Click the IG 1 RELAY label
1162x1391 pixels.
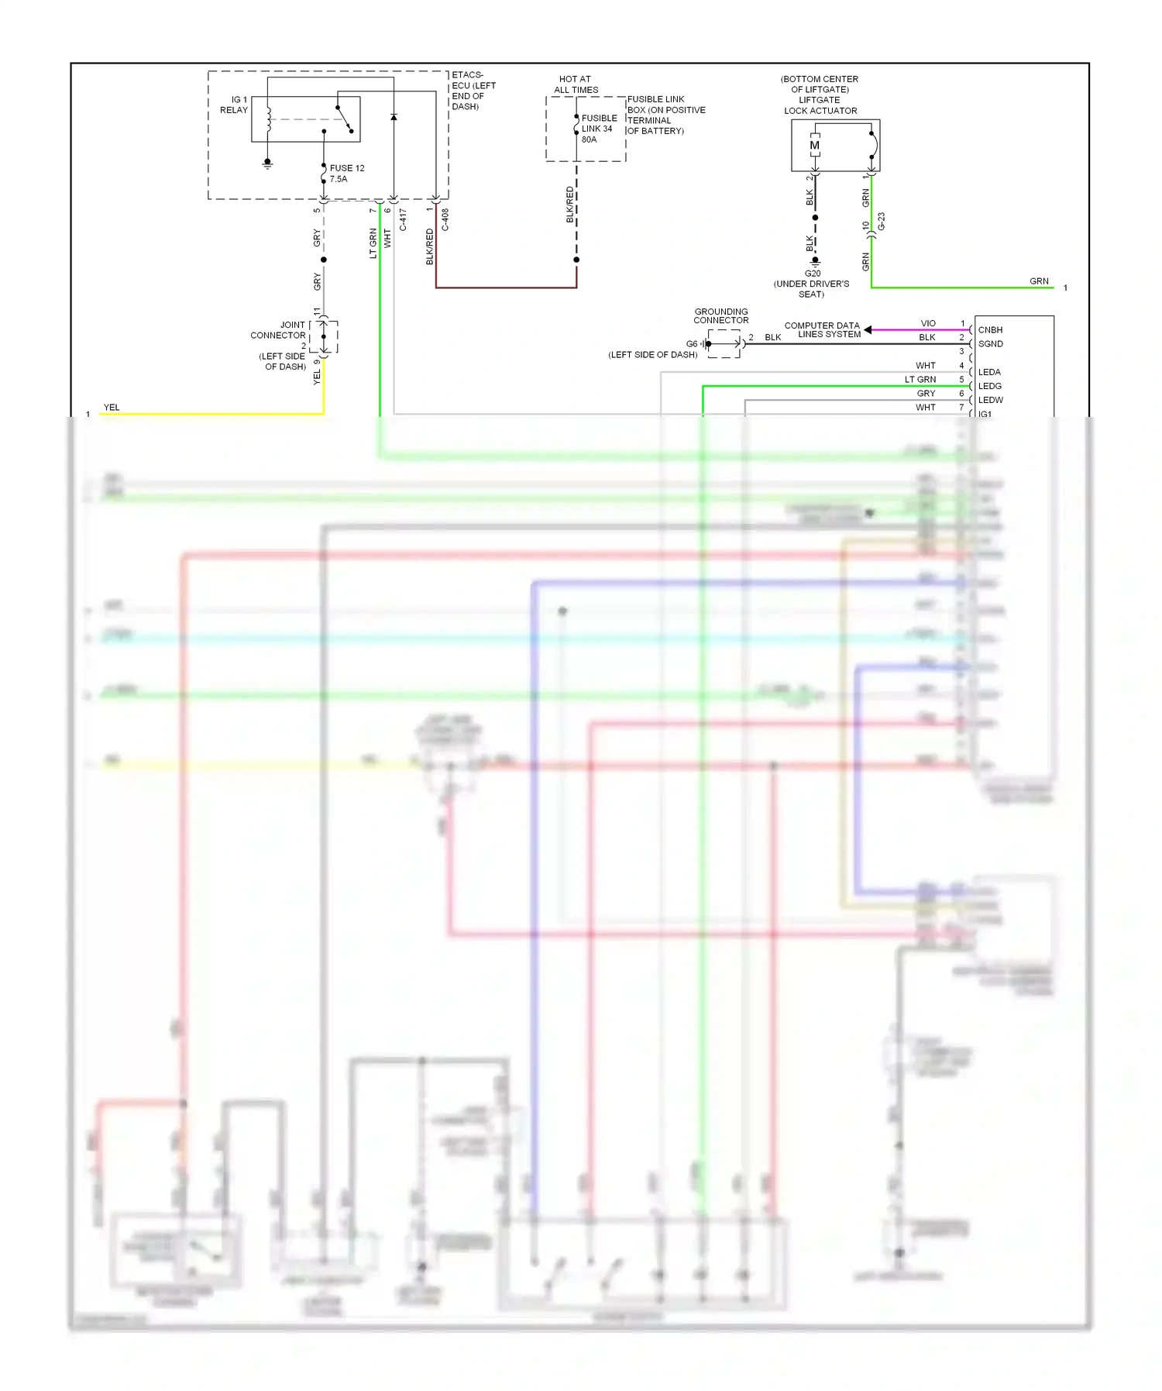pos(234,105)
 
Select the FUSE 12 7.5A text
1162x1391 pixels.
pos(346,173)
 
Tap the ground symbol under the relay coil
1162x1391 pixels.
pos(267,164)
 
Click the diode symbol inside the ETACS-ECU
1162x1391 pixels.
pos(394,117)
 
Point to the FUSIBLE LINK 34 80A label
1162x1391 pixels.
pos(599,129)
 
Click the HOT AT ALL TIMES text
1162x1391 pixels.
pos(576,84)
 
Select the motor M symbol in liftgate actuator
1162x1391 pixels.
pos(814,146)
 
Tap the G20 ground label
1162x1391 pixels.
pos(812,274)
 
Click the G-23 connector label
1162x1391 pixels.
pos(882,222)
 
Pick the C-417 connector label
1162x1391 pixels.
pos(403,219)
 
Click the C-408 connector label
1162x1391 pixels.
pos(445,219)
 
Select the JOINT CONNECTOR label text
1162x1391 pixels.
pos(278,330)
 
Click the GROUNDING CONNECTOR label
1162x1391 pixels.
pos(720,315)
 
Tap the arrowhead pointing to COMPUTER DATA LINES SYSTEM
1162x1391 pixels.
pos(868,330)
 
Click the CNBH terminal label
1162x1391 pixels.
pos(990,329)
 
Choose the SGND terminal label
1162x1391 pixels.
pos(990,343)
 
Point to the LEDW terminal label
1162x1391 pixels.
pos(990,400)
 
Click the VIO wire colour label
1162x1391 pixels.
pos(928,323)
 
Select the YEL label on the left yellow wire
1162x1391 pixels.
pos(112,407)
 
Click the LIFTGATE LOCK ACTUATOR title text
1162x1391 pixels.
pos(820,105)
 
